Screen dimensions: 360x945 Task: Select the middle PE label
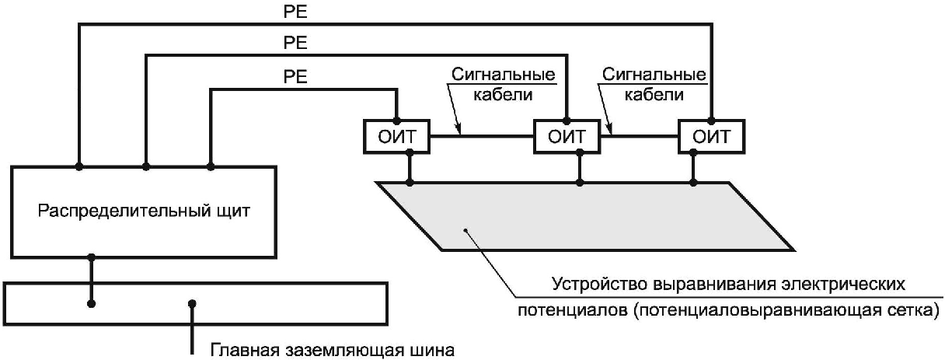tap(296, 44)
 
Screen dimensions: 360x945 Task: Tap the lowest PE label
tap(296, 77)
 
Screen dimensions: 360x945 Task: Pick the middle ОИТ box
tap(564, 137)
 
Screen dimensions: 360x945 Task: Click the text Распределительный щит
tap(145, 211)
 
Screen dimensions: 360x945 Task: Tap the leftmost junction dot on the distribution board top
tap(78, 166)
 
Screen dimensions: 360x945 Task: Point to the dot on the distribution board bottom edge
tap(92, 257)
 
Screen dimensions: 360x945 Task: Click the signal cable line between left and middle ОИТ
tap(482, 137)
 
